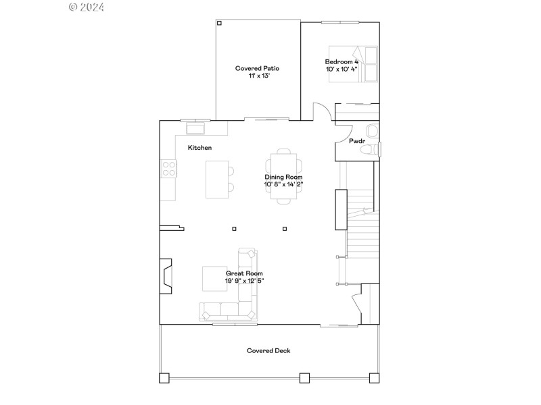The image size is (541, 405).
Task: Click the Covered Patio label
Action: point(257,68)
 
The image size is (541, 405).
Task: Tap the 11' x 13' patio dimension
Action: point(257,76)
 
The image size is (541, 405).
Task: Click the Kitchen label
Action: point(199,147)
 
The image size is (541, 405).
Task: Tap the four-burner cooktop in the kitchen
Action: point(168,169)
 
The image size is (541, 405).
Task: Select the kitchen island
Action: point(217,179)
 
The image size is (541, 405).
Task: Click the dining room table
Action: point(283,175)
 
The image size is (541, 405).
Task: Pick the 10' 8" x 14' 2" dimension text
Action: point(284,184)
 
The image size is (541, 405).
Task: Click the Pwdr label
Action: point(356,142)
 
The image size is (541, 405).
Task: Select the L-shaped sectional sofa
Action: point(233,297)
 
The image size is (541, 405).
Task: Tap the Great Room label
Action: point(244,273)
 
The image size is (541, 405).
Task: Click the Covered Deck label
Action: point(268,350)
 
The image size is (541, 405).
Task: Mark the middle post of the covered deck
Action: point(304,378)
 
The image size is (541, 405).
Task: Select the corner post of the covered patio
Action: point(219,23)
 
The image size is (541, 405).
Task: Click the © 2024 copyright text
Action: point(87,7)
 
